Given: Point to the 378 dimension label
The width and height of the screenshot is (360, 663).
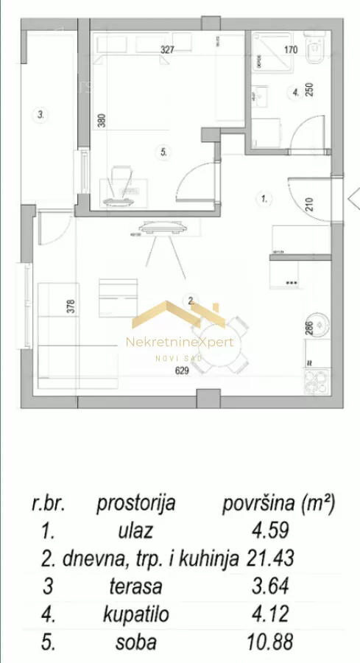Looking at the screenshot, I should coord(72,305).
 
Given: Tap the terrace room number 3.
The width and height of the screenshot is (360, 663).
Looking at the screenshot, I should coord(41,114).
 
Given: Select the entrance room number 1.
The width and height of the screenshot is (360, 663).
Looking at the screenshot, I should coord(264,197).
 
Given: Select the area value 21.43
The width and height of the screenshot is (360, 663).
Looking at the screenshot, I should coord(274,558).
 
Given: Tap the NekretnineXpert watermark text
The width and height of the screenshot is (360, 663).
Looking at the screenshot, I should coord(180,342).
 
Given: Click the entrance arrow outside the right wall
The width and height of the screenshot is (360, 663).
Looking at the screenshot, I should coord(352,197).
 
